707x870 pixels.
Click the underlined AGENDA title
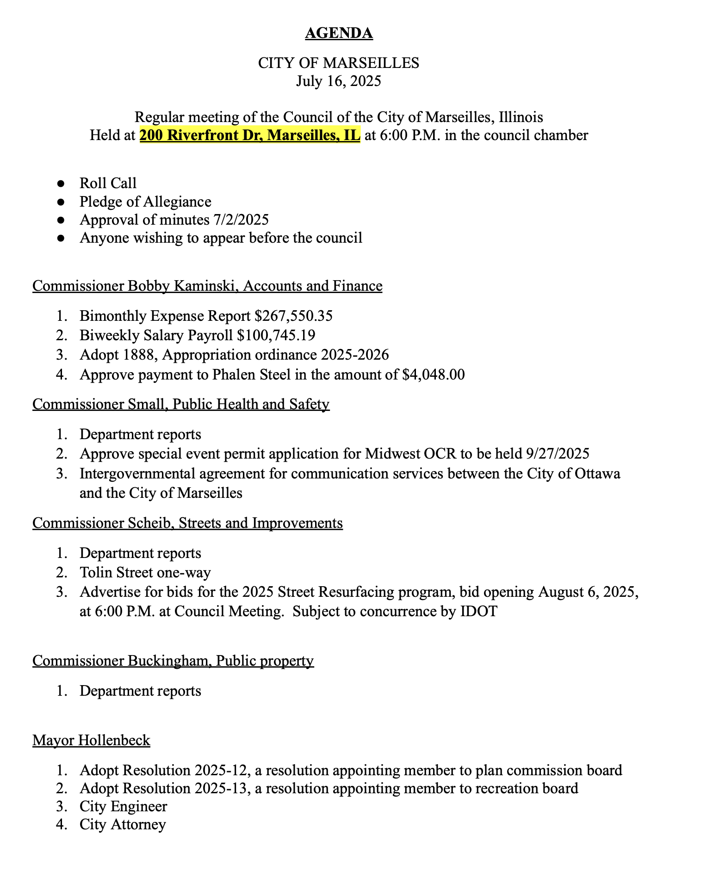coord(339,33)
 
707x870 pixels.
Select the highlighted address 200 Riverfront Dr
coord(250,135)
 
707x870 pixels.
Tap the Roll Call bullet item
coord(108,183)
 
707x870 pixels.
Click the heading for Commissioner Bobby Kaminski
coord(207,286)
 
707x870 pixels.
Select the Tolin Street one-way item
coord(145,572)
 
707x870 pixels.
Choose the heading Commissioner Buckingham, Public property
coord(173,661)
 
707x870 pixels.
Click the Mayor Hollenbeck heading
coord(91,740)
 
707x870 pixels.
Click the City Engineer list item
coord(123,806)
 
